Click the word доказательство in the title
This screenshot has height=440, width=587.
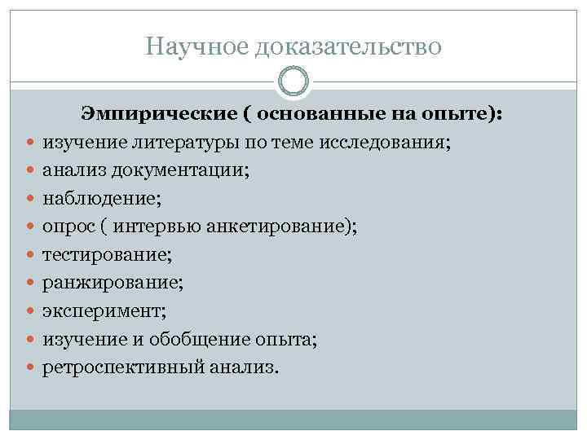pyautogui.click(x=348, y=46)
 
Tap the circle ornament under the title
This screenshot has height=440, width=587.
pyautogui.click(x=293, y=81)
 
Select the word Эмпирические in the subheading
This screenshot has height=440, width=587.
pyautogui.click(x=154, y=116)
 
